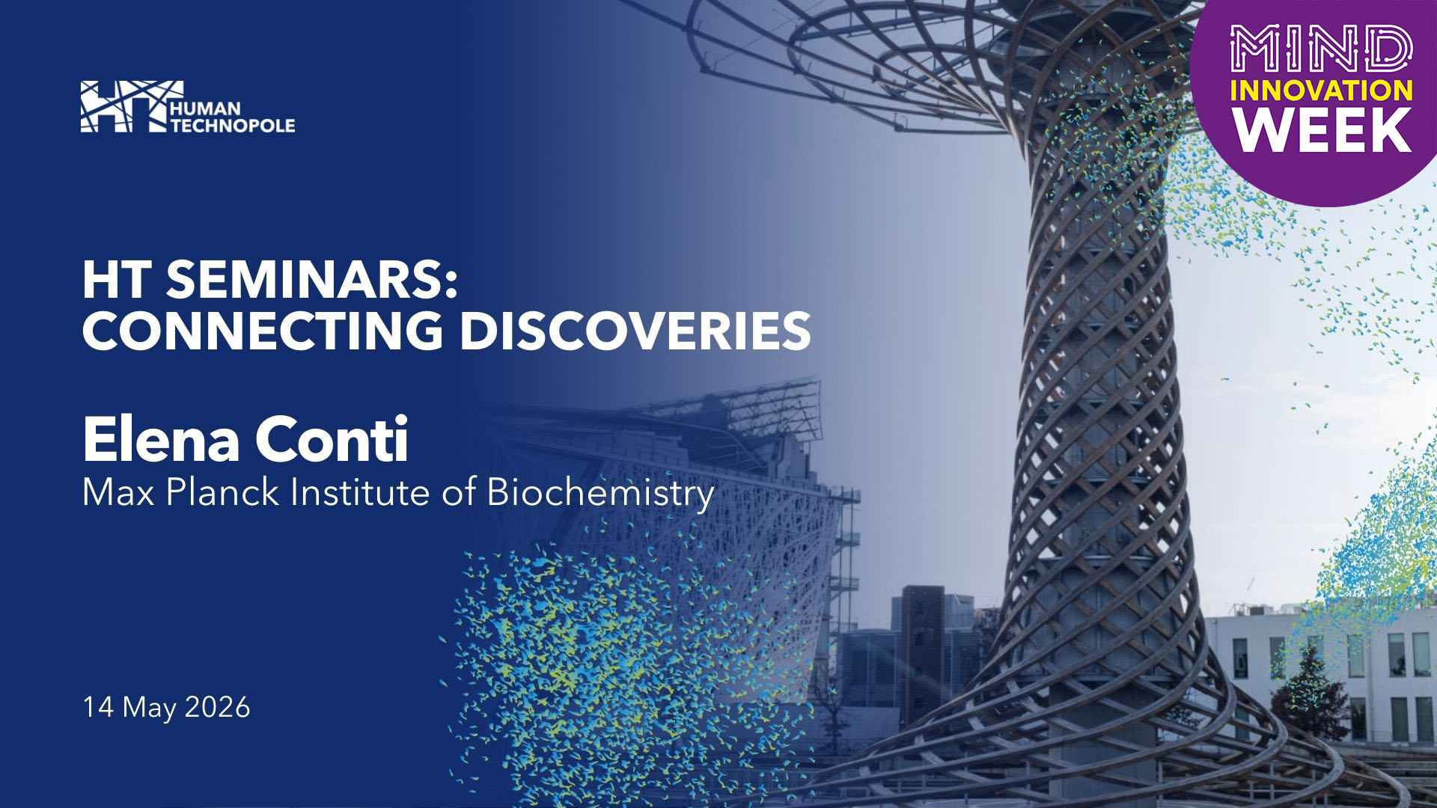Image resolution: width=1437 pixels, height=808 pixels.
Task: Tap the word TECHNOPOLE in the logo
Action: pos(233,125)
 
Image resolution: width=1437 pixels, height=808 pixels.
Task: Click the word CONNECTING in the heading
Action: pos(262,331)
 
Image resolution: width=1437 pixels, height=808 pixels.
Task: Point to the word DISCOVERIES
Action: pos(635,331)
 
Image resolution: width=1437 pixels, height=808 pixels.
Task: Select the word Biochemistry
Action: pos(600,494)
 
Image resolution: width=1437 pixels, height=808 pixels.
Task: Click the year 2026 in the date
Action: pos(217,707)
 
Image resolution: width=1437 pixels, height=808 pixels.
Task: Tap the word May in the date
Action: pos(150,708)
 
